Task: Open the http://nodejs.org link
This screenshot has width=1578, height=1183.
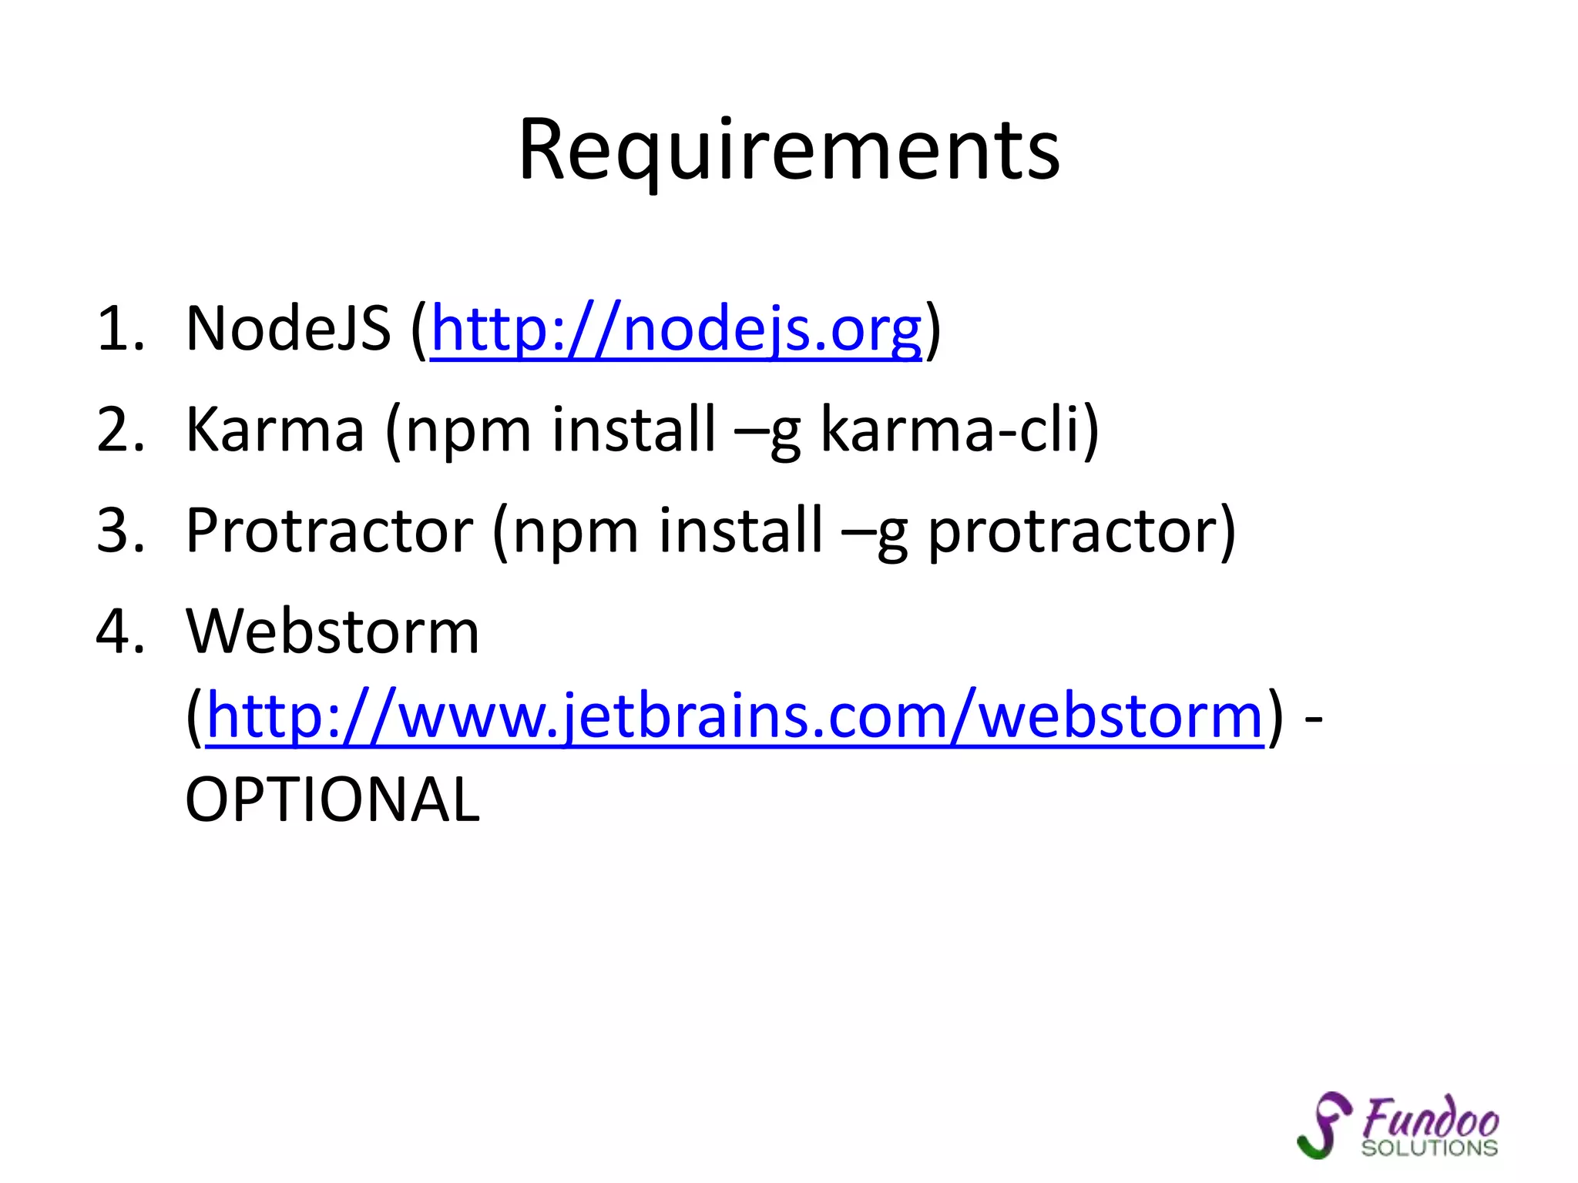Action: [676, 330]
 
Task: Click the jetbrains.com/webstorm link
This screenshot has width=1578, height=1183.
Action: [735, 717]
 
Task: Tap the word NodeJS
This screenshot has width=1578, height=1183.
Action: [288, 330]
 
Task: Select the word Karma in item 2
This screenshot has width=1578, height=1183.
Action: [275, 430]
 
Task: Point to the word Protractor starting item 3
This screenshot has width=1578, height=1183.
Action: [329, 531]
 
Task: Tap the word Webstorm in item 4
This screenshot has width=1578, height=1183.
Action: [332, 632]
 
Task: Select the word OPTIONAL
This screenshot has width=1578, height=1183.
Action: [332, 800]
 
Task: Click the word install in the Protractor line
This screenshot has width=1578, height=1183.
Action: [740, 531]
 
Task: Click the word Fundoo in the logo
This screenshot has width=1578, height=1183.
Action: [1429, 1118]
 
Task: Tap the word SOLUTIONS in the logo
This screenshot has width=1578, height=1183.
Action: [1429, 1148]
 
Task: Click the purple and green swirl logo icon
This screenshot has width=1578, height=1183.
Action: [1323, 1125]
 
